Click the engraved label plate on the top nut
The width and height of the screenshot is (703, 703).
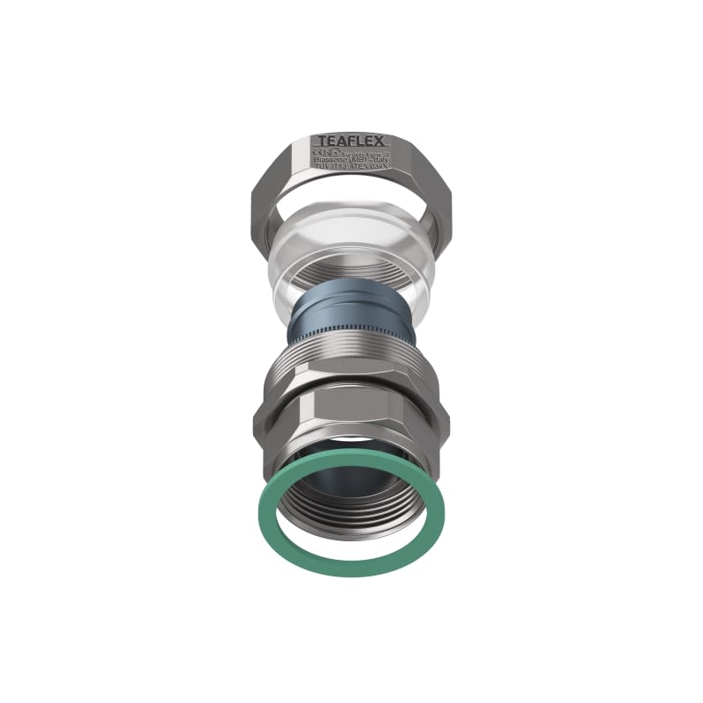(x=351, y=155)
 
